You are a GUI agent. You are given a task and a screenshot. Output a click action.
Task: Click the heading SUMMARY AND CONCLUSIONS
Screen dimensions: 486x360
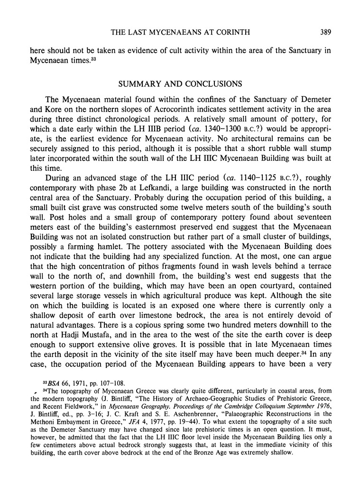[x=180, y=84]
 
